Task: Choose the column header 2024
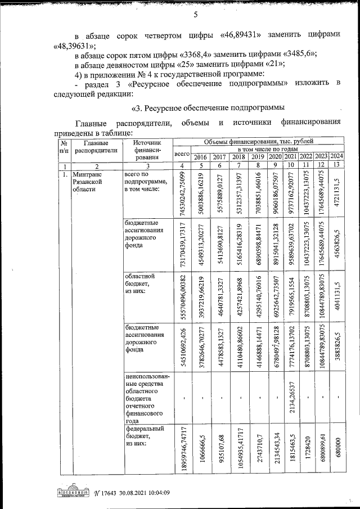pos(336,156)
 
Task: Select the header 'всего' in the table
pos(182,153)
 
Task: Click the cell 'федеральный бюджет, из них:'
pos(143,436)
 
